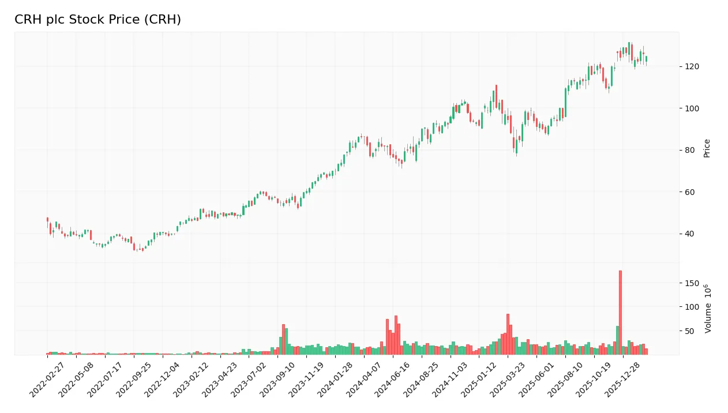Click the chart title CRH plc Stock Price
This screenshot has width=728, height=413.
pyautogui.click(x=97, y=20)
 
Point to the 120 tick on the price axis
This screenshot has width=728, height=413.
pyautogui.click(x=692, y=67)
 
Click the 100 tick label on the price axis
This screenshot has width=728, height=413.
pyautogui.click(x=692, y=108)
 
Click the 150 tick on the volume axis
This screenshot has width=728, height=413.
pyautogui.click(x=692, y=283)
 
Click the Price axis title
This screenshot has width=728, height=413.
pyautogui.click(x=707, y=148)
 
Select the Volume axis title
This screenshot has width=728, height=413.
pyautogui.click(x=707, y=309)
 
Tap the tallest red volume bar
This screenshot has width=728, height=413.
pyautogui.click(x=620, y=312)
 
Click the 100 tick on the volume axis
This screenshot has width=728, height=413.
pyautogui.click(x=692, y=307)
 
